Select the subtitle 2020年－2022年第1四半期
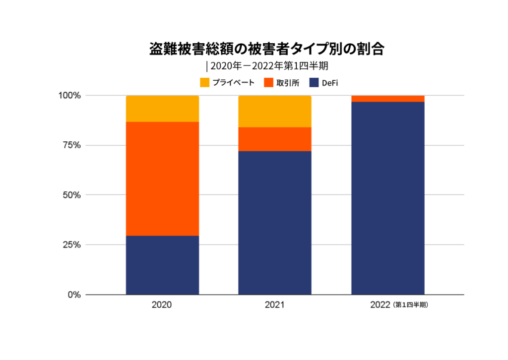[x=268, y=66]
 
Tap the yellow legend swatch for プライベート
[x=205, y=82]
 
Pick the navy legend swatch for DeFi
[x=314, y=82]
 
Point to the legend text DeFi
[x=330, y=83]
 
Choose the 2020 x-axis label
[x=162, y=305]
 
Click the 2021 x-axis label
[x=274, y=305]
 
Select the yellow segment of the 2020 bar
[x=162, y=109]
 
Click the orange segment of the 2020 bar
[x=162, y=179]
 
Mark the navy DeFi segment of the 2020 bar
[x=162, y=265]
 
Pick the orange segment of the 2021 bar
[x=274, y=139]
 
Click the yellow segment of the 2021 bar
[x=274, y=112]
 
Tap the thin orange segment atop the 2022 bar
[x=387, y=99]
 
